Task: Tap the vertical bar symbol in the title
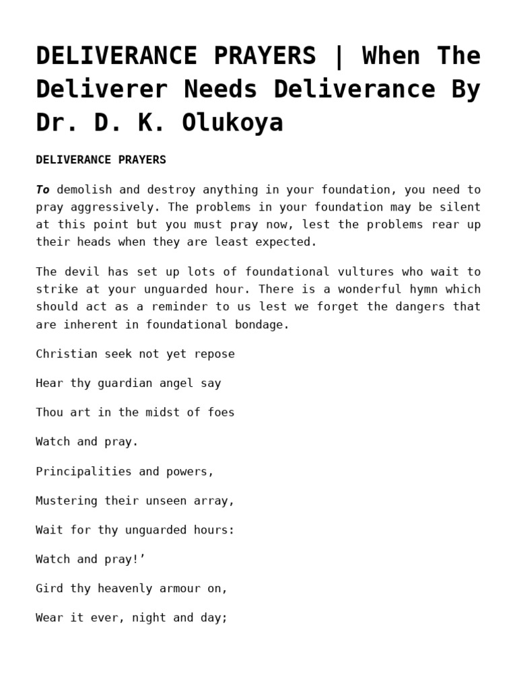(338, 56)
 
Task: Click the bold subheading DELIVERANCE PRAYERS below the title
(101, 160)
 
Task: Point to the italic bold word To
(42, 190)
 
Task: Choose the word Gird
(49, 589)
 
